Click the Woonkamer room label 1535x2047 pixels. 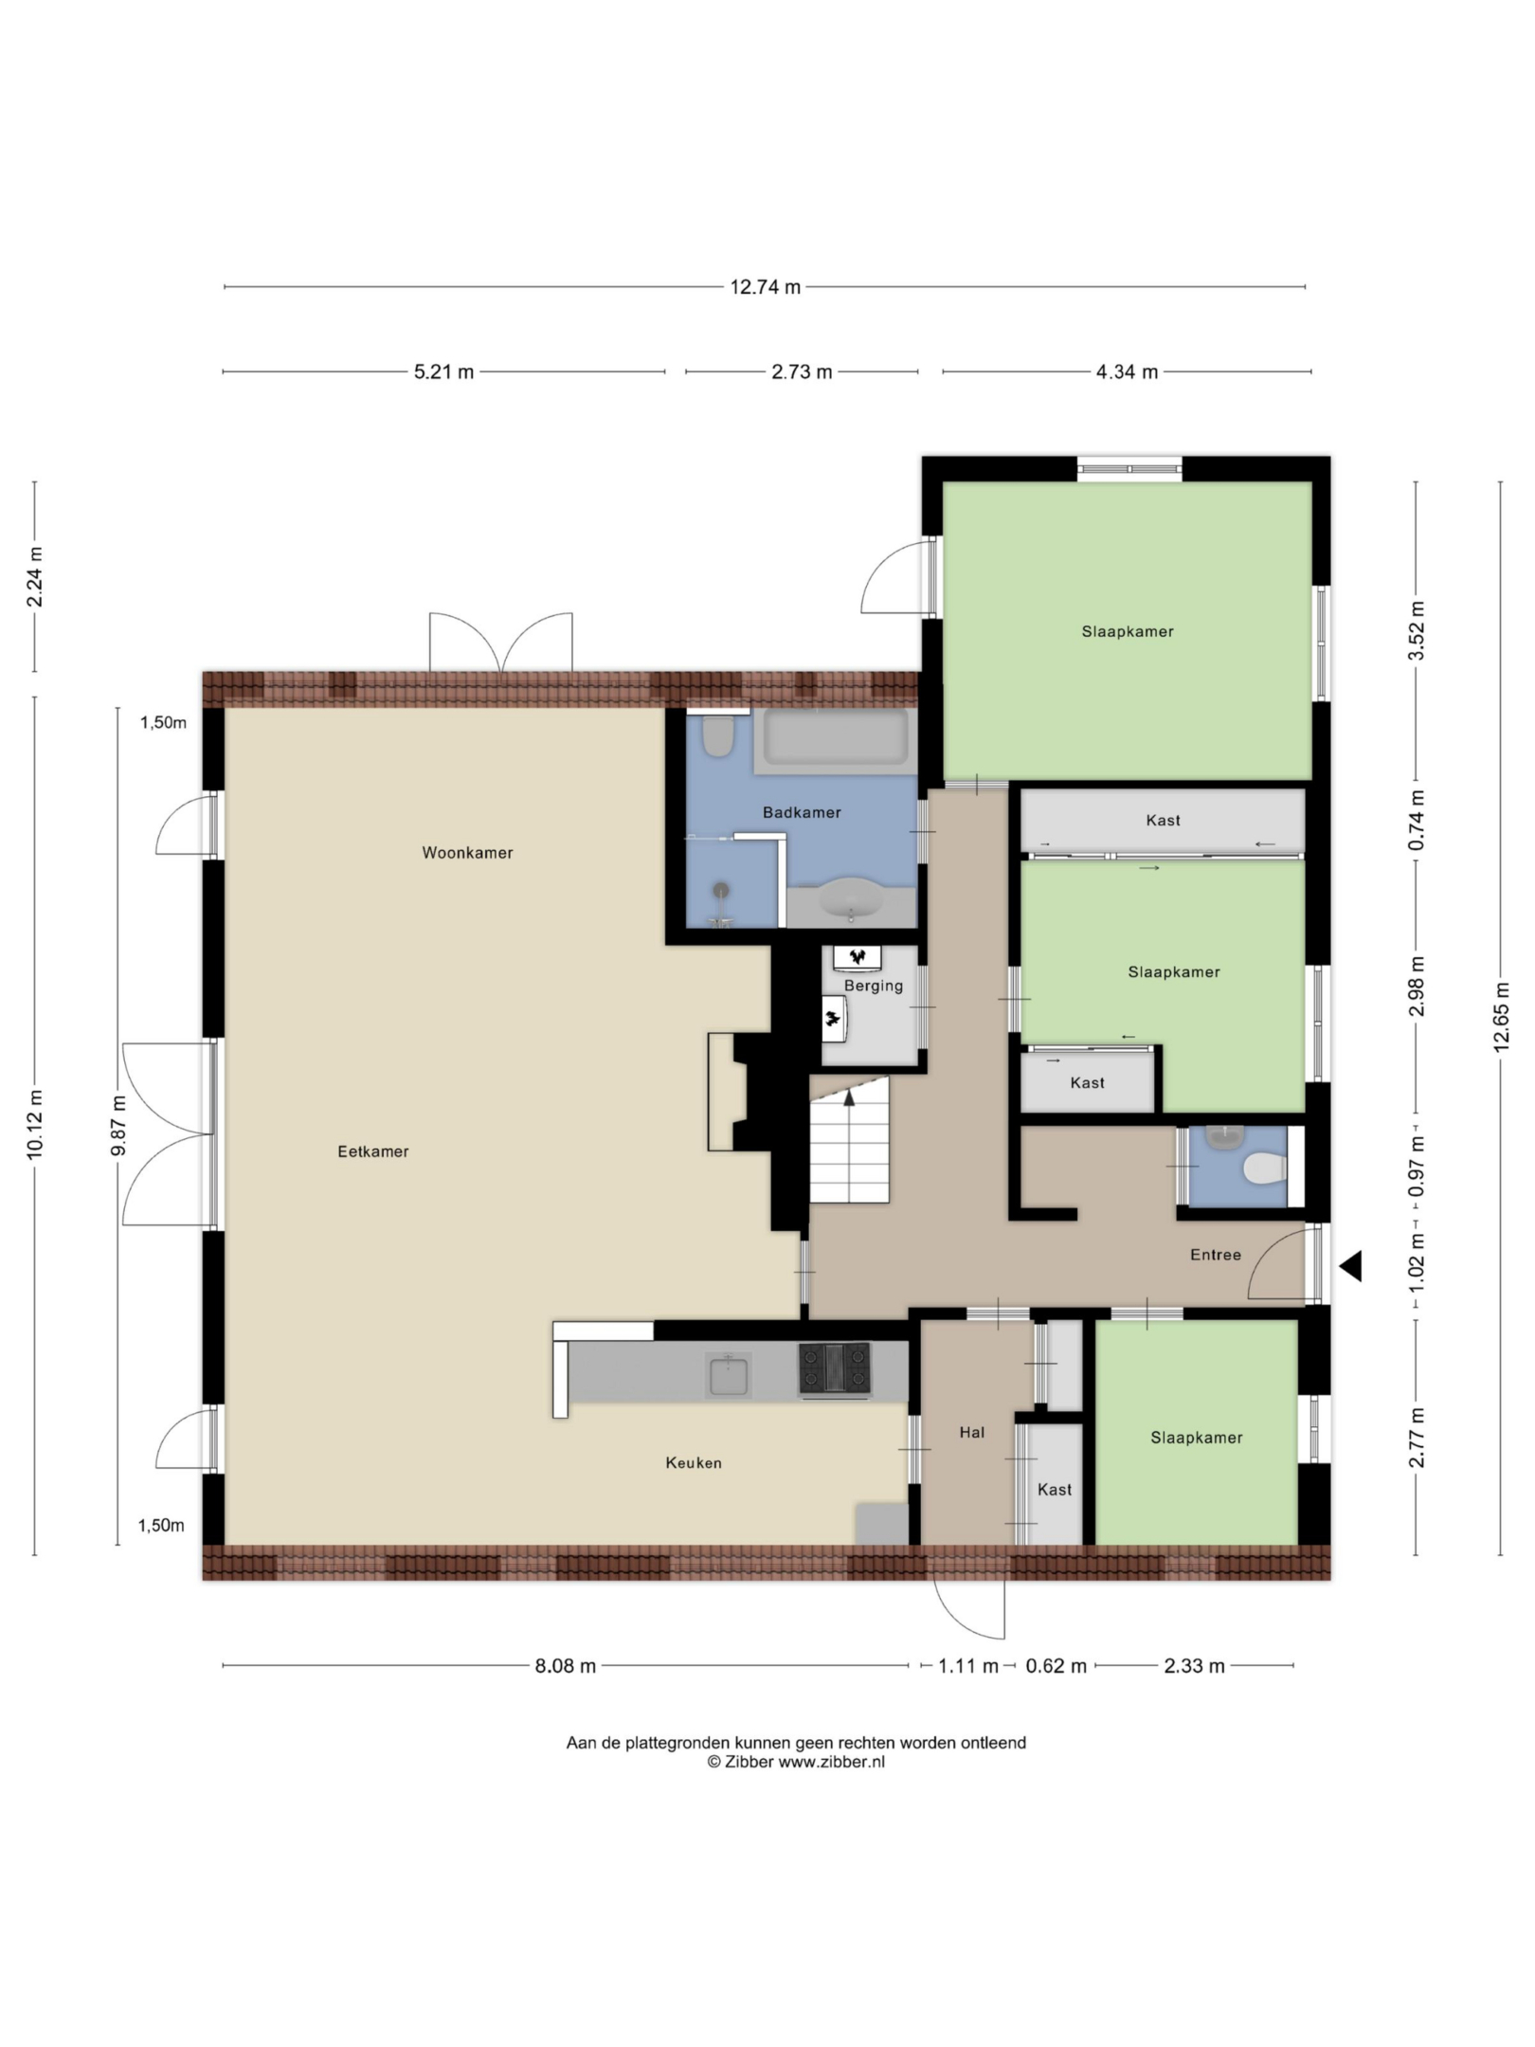click(467, 853)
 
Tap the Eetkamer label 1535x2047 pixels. click(373, 1151)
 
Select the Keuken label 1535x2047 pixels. click(694, 1463)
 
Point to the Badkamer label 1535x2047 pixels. click(802, 812)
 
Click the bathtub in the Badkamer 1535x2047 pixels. click(835, 738)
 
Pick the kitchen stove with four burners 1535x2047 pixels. click(835, 1369)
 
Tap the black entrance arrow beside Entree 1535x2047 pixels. click(1350, 1266)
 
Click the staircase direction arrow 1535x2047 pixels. click(849, 1098)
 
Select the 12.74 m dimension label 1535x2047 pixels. click(765, 287)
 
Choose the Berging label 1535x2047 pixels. click(874, 987)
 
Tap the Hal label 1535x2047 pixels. click(972, 1433)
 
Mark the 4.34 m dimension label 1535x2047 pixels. click(1127, 372)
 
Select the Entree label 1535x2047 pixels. click(1216, 1255)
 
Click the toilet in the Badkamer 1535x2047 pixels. click(719, 736)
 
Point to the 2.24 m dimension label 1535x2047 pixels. click(34, 577)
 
